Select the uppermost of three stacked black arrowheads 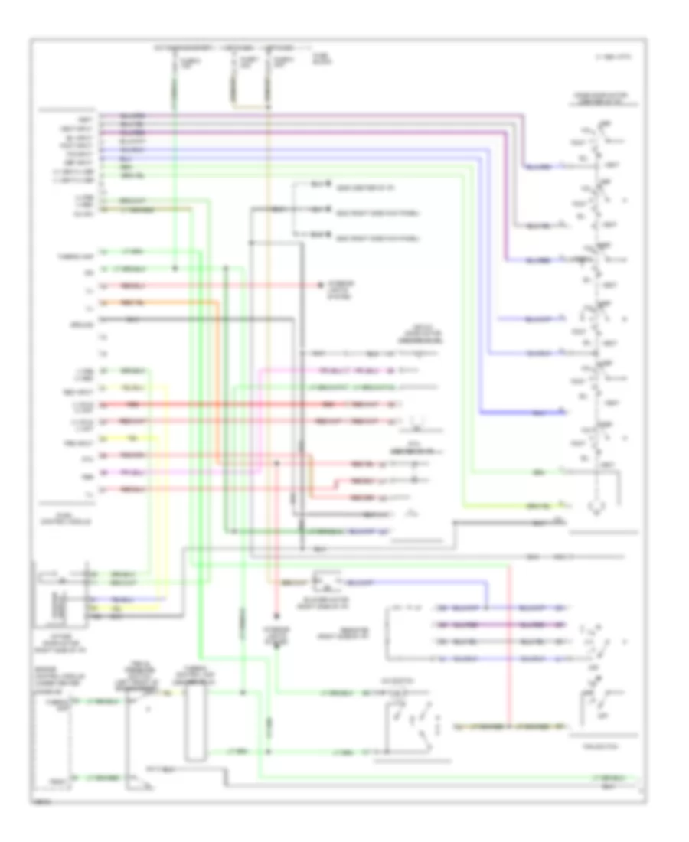pyautogui.click(x=327, y=184)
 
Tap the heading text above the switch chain pyautogui.click(x=594, y=98)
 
